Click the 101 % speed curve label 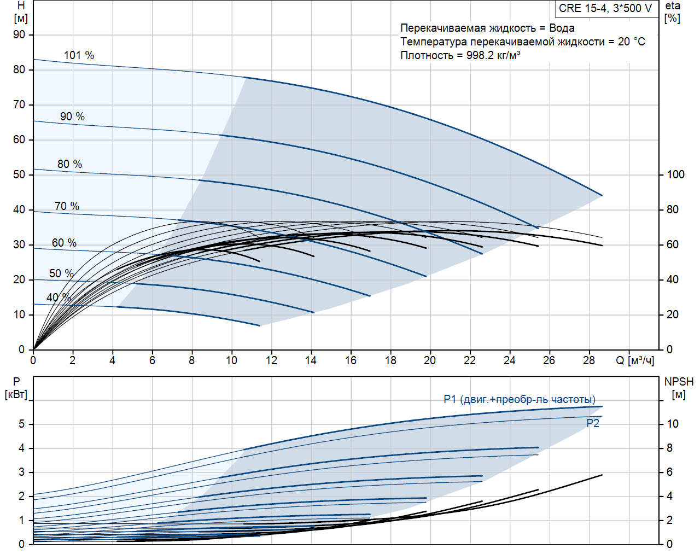tap(79, 55)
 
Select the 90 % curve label tap(72, 116)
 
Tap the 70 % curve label tap(67, 206)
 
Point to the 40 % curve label tap(59, 297)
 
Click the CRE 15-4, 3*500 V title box tap(605, 8)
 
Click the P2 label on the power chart tap(593, 423)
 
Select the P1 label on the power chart tap(520, 399)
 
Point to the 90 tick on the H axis tap(19, 34)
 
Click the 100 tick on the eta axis tap(675, 174)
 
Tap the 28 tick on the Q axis tap(589, 360)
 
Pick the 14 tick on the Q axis tap(311, 360)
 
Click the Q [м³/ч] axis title tap(635, 360)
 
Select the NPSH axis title tap(679, 382)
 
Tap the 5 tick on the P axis tap(22, 424)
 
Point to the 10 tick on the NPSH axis tap(672, 424)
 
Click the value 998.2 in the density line tap(480, 55)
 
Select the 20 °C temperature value tap(632, 42)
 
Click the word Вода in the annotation tap(562, 28)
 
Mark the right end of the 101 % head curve tap(602, 195)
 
